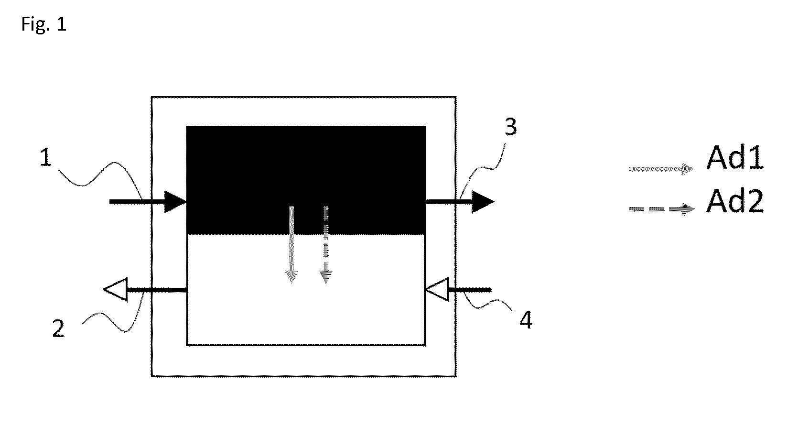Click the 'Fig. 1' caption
pyautogui.click(x=44, y=25)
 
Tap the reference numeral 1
pyautogui.click(x=45, y=158)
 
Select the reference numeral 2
pyautogui.click(x=58, y=328)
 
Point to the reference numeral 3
pyautogui.click(x=511, y=127)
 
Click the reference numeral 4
pyautogui.click(x=526, y=320)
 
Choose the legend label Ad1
pyautogui.click(x=735, y=158)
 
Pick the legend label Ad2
pyautogui.click(x=735, y=201)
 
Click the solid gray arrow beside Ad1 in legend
pyautogui.click(x=661, y=169)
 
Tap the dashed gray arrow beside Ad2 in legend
pyautogui.click(x=661, y=209)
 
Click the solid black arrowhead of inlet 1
pyautogui.click(x=174, y=202)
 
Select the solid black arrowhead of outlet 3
pyautogui.click(x=483, y=202)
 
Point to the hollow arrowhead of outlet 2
pyautogui.click(x=115, y=289)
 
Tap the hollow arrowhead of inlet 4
pyautogui.click(x=436, y=289)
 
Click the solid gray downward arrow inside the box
pyautogui.click(x=292, y=244)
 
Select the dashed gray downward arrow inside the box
pyautogui.click(x=325, y=244)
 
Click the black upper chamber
pyautogui.click(x=306, y=180)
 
